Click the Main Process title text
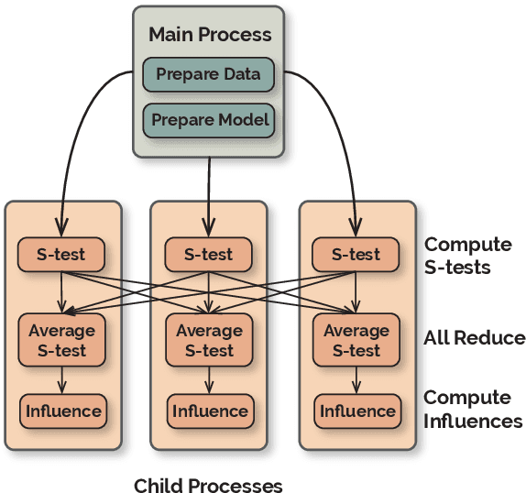pos(210,36)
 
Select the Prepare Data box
pos(208,74)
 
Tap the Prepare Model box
pos(208,120)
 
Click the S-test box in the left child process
pos(61,255)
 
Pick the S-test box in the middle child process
pos(208,255)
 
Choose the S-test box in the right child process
pos(356,255)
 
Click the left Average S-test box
pos(61,340)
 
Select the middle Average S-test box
pos(208,340)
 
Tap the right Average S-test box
pos(356,340)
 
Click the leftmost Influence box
pos(61,411)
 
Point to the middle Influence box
pos(209,411)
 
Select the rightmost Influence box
pos(356,411)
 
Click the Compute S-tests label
pos(467,256)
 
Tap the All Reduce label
pos(474,338)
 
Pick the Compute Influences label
pos(473,410)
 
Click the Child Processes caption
pos(208,485)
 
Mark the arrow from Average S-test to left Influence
pos(61,379)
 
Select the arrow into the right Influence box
pos(356,379)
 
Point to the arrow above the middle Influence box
pos(209,379)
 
